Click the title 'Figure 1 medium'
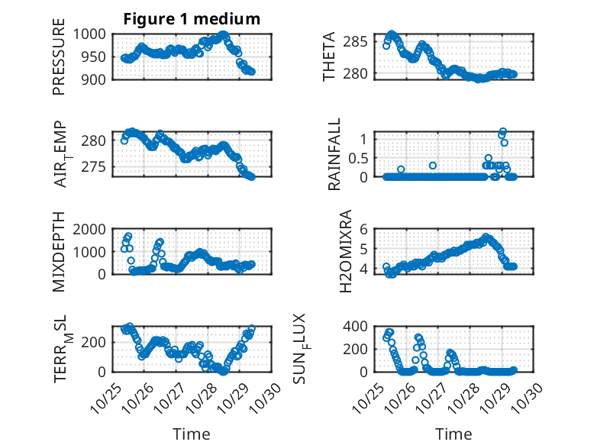click(x=192, y=19)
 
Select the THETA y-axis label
click(x=329, y=57)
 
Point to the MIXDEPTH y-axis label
click(x=59, y=253)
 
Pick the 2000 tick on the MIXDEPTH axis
click(x=92, y=229)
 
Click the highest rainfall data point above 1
click(x=502, y=132)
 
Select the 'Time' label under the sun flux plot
click(x=454, y=434)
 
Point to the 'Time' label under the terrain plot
click(x=192, y=434)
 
